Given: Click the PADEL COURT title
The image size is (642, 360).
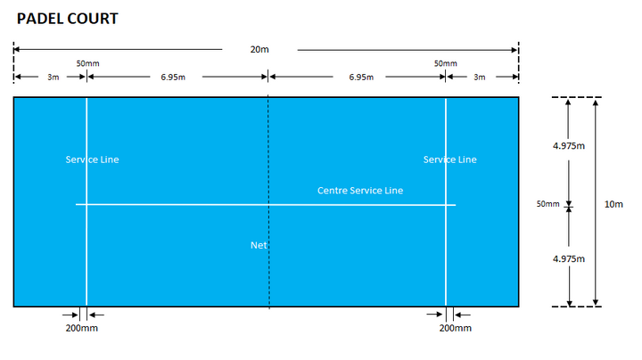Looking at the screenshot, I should click(68, 18).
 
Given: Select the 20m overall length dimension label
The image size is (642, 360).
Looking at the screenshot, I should click(259, 50).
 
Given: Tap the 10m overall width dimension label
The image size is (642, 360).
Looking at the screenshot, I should click(613, 204).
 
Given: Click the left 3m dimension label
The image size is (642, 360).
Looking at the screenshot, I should click(53, 78).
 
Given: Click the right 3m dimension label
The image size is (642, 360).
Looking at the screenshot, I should click(480, 78).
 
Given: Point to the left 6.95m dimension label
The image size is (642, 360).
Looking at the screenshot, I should click(173, 78).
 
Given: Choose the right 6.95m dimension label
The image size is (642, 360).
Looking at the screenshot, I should click(361, 78).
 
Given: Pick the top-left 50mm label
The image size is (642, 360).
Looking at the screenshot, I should click(87, 63).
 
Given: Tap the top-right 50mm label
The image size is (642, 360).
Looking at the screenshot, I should click(446, 63).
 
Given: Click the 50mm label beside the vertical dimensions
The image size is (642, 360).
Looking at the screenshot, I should click(547, 204).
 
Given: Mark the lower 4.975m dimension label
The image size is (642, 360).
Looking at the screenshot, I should click(568, 258).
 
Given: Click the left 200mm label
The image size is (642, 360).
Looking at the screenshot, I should click(83, 328).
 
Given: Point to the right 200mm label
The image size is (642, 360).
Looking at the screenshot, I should click(456, 328).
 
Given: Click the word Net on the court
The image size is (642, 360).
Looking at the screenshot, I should click(259, 245).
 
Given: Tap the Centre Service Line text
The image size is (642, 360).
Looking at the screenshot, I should click(360, 191).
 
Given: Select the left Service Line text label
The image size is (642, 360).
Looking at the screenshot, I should click(92, 160).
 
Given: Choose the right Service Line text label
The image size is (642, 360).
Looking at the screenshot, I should click(449, 160).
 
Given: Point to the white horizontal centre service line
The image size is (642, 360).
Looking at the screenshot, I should click(178, 205).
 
